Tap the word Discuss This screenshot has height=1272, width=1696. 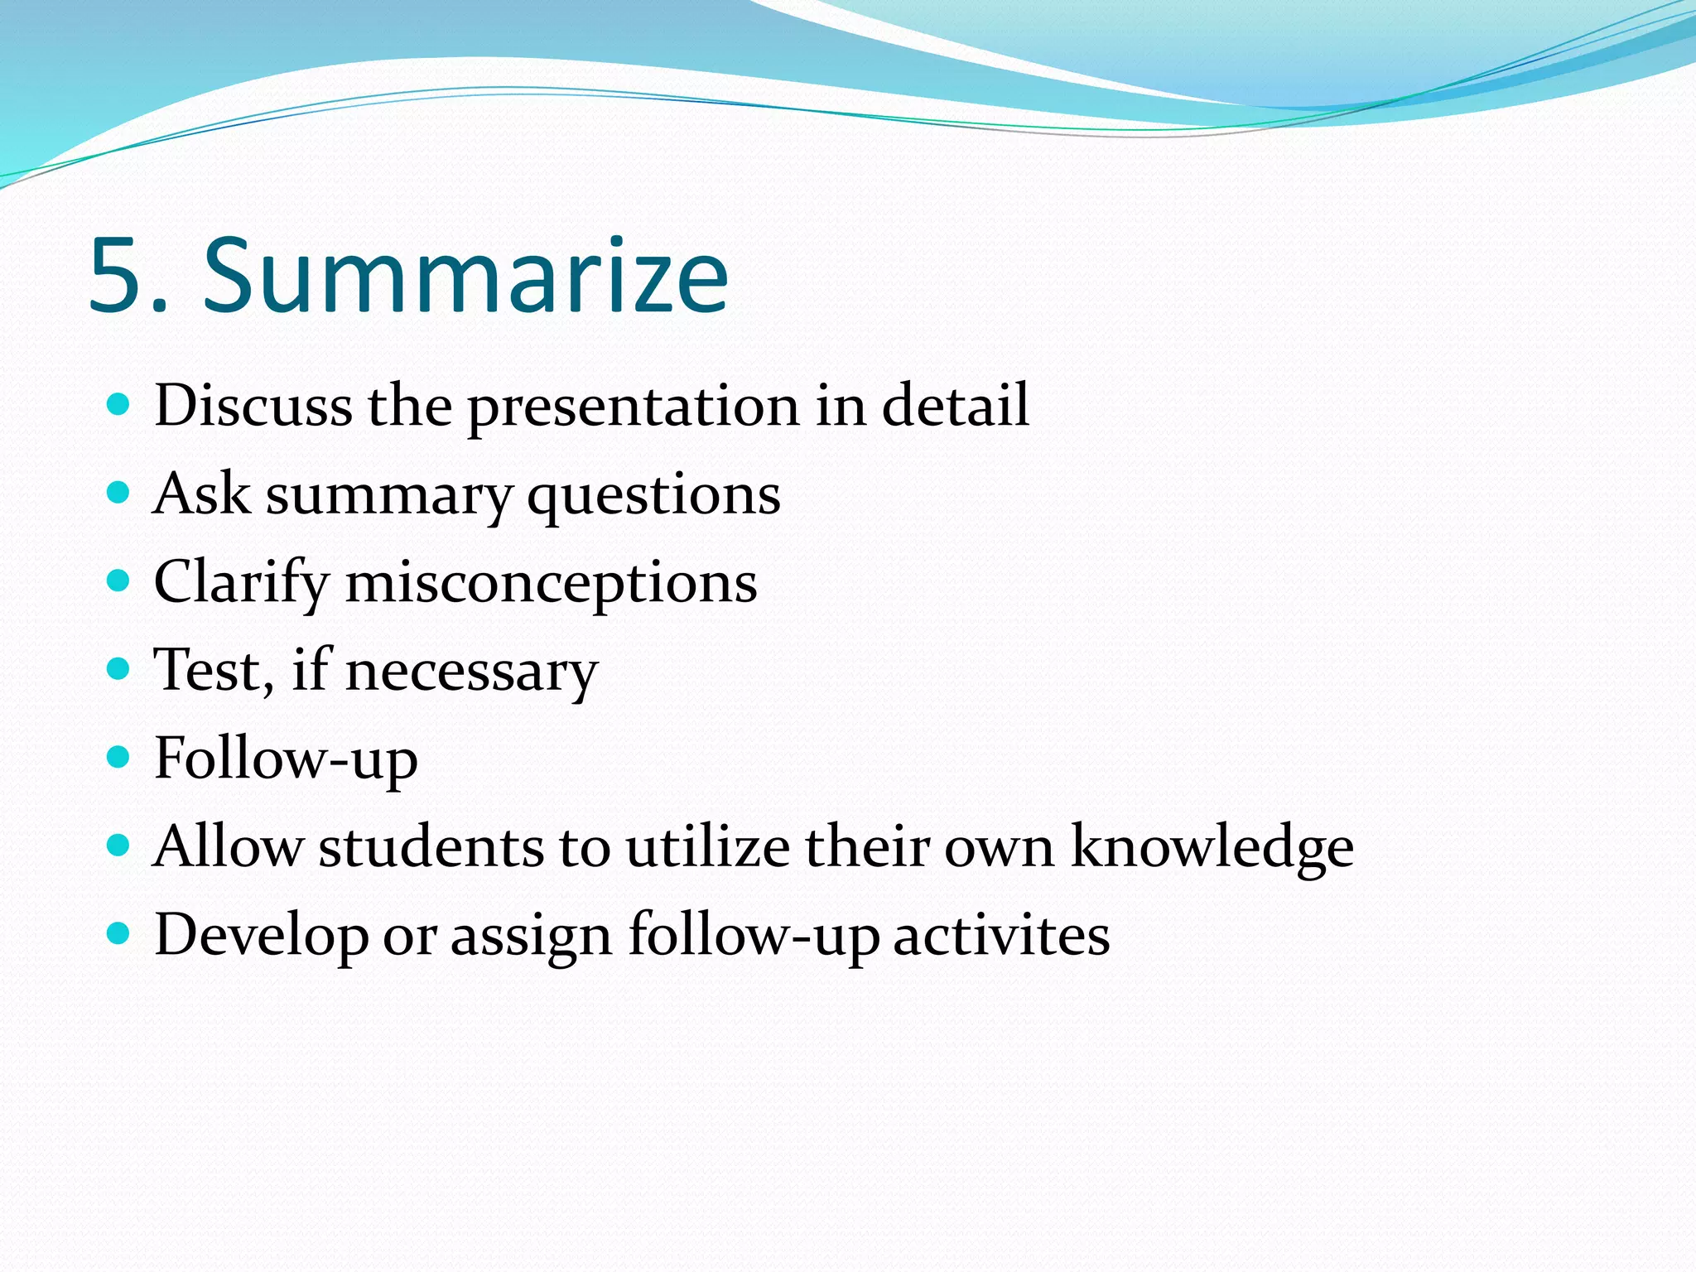pyautogui.click(x=253, y=406)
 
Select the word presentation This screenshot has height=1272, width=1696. pyautogui.click(x=634, y=407)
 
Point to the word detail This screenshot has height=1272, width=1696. pyautogui.click(x=955, y=406)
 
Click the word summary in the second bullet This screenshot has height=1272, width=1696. pyautogui.click(x=388, y=495)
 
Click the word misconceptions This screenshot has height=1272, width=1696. pyautogui.click(x=551, y=585)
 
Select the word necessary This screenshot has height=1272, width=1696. pyautogui.click(x=471, y=672)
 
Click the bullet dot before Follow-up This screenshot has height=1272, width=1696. pyautogui.click(x=119, y=756)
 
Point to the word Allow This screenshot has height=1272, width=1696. pyautogui.click(x=229, y=846)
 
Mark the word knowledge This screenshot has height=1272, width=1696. pyautogui.click(x=1212, y=848)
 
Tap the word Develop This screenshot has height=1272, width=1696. pyautogui.click(x=262, y=936)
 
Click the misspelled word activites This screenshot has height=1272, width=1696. pyautogui.click(x=1001, y=936)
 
